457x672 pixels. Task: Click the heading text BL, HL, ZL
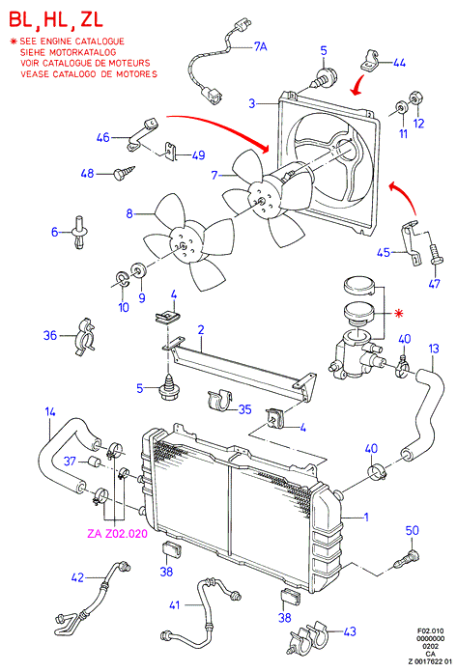(56, 19)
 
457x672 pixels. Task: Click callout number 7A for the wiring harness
(260, 45)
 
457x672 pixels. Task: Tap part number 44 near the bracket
(399, 63)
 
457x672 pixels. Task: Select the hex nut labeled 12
(415, 98)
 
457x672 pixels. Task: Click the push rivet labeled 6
(79, 233)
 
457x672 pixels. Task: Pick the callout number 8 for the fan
(129, 213)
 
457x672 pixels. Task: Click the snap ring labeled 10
(122, 279)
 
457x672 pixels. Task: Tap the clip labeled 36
(86, 337)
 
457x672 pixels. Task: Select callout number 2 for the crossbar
(201, 330)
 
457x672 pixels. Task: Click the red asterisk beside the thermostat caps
(399, 314)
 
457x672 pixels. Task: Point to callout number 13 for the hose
(434, 349)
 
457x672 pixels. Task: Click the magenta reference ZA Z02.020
(117, 534)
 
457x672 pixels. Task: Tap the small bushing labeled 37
(94, 462)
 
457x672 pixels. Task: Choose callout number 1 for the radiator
(366, 517)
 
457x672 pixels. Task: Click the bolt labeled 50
(408, 558)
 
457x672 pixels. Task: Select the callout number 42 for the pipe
(77, 577)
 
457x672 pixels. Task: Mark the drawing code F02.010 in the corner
(431, 630)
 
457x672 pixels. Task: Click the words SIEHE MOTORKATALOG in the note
(69, 52)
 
